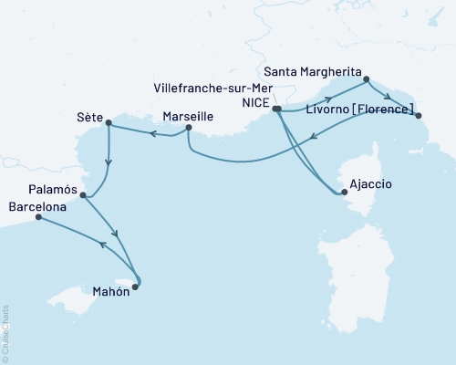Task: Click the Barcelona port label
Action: (x=36, y=208)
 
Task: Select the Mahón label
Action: (x=110, y=293)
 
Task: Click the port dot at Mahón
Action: (x=135, y=287)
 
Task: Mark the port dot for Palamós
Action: (x=83, y=194)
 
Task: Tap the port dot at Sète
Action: (x=109, y=122)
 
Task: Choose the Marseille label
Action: (x=188, y=118)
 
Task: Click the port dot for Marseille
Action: (x=188, y=128)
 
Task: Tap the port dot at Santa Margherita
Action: (x=366, y=79)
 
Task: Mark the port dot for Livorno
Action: (x=419, y=116)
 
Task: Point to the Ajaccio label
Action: (x=370, y=183)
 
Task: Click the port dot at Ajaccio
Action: (x=344, y=193)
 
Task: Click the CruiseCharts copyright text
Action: (x=6, y=333)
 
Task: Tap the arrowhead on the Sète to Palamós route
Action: (x=109, y=164)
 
